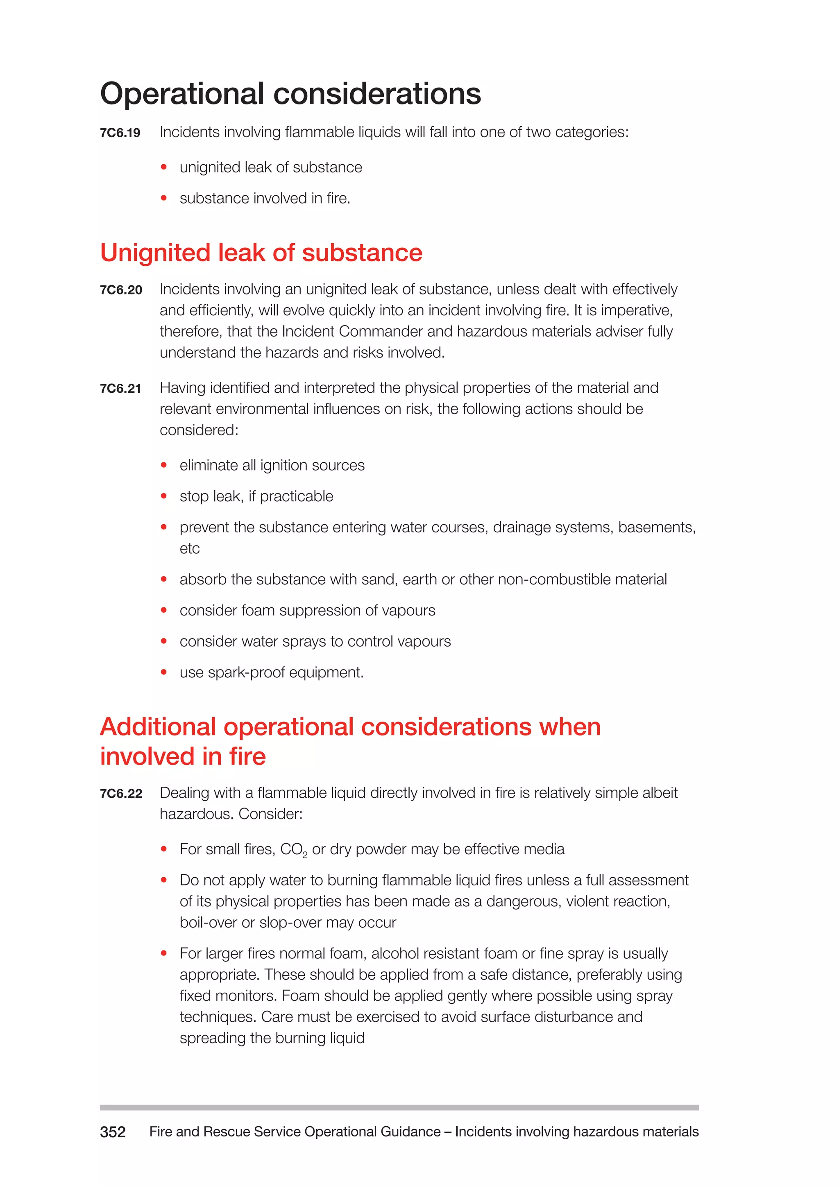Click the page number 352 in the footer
[x=113, y=1132]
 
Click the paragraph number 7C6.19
[x=120, y=133]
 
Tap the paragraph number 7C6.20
[x=121, y=290]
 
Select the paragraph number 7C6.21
[x=120, y=389]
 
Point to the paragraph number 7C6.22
[x=121, y=793]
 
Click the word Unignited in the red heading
[x=154, y=253]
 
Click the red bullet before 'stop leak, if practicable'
[x=164, y=496]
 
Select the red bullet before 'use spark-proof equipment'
[x=164, y=672]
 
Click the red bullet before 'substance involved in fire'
[x=164, y=198]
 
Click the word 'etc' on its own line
[x=189, y=549]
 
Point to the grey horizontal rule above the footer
[x=399, y=1107]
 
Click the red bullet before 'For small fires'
[x=164, y=849]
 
